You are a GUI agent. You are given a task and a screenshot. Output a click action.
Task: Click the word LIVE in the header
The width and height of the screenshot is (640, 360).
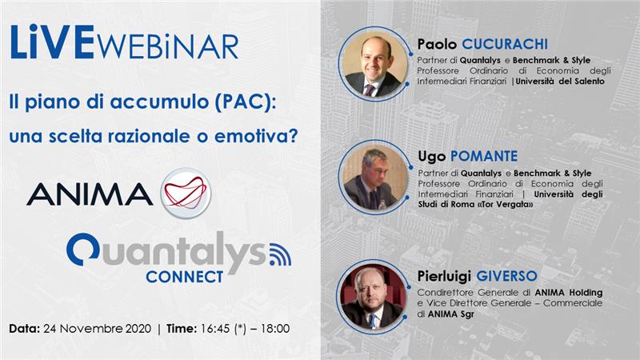click(x=53, y=42)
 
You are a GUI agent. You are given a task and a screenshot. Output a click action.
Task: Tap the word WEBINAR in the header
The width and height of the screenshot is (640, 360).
click(x=168, y=46)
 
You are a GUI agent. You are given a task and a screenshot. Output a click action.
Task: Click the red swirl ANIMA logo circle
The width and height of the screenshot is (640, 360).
click(x=186, y=193)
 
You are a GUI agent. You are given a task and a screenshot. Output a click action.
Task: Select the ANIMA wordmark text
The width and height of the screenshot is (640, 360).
click(x=90, y=194)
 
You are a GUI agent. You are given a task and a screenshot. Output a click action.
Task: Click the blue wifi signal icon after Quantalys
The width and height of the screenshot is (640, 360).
click(x=281, y=254)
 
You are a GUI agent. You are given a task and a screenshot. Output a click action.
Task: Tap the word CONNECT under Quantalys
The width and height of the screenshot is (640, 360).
click(x=185, y=277)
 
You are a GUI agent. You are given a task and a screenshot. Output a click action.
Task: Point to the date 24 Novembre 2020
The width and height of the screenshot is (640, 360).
click(x=97, y=329)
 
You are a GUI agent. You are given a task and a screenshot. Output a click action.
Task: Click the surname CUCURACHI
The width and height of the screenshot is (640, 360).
click(x=505, y=44)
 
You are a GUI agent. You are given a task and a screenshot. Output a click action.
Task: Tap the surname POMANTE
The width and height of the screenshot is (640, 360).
click(x=484, y=156)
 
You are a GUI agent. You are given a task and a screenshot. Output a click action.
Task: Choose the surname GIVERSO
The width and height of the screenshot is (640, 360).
click(x=506, y=276)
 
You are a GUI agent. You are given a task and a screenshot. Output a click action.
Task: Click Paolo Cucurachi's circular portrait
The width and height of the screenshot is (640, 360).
click(x=374, y=65)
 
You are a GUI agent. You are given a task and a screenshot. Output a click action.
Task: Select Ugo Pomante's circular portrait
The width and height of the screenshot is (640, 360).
click(x=374, y=177)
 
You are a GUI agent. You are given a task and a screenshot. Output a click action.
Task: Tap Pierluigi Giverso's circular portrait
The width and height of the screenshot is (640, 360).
click(x=373, y=297)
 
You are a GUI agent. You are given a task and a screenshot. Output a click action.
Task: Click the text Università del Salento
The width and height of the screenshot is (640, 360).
click(x=560, y=82)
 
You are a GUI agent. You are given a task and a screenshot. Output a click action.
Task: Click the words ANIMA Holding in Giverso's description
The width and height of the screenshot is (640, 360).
click(x=569, y=293)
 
